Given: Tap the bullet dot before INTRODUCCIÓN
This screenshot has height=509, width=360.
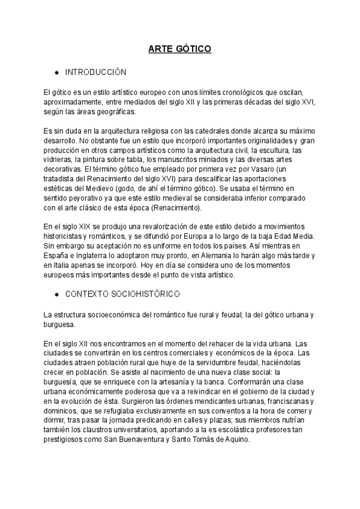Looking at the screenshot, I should click(x=56, y=73).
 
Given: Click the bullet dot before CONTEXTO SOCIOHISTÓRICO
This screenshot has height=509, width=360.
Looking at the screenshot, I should click(x=56, y=295).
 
